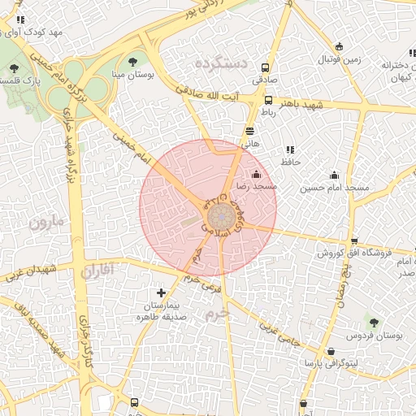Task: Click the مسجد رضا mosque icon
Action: point(257,174)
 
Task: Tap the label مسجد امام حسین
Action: point(334,188)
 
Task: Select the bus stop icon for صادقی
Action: point(265,68)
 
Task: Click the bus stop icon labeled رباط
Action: point(268,100)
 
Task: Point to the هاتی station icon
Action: point(249,130)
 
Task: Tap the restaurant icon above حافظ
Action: point(289,149)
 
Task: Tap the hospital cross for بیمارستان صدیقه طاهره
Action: point(161,292)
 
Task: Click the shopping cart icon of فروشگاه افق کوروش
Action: point(354,241)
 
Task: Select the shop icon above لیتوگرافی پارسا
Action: point(330,351)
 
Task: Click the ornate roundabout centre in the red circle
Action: point(220,218)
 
